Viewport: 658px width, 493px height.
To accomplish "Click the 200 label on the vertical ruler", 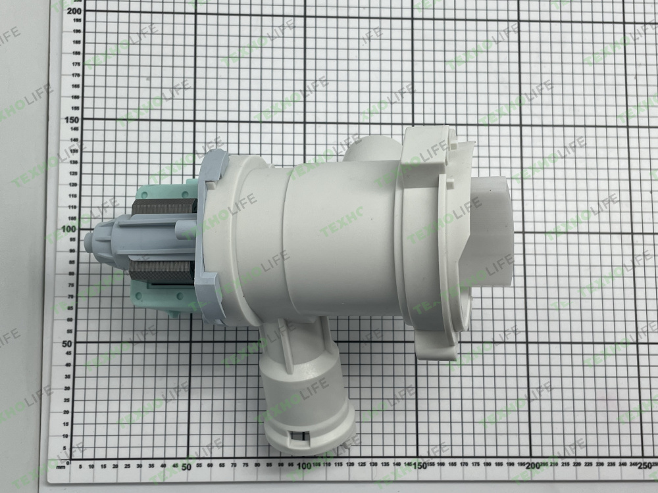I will pyautogui.click(x=73, y=10).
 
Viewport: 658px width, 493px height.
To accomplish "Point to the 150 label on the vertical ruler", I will pyautogui.click(x=72, y=120).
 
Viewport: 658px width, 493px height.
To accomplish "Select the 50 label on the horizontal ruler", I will pyautogui.click(x=186, y=466).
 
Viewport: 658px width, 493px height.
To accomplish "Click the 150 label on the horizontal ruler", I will pyautogui.click(x=419, y=467).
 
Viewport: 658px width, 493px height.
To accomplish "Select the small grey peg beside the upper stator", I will pyautogui.click(x=182, y=231).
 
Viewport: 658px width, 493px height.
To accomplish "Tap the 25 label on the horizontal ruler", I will pyautogui.click(x=126, y=466).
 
